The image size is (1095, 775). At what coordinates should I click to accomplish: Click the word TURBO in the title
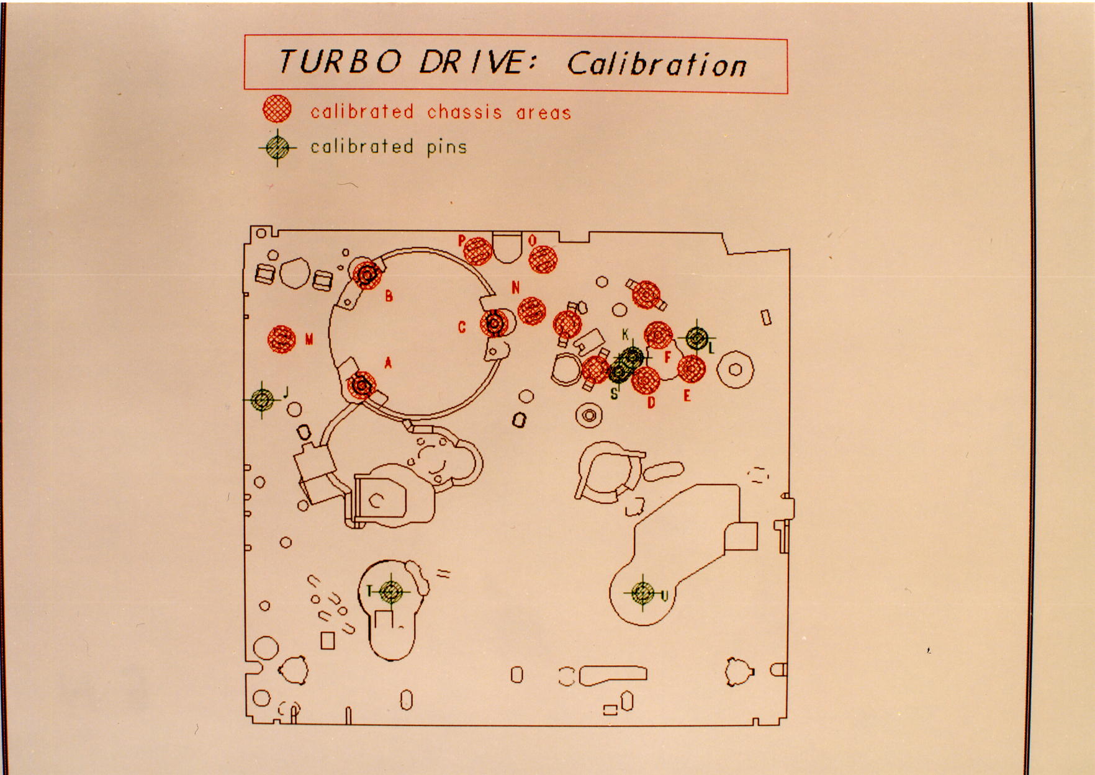(x=340, y=61)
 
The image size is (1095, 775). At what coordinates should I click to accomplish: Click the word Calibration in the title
(x=656, y=63)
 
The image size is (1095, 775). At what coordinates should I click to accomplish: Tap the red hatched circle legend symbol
(x=277, y=110)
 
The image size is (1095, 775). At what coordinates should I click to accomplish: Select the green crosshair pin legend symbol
(x=277, y=147)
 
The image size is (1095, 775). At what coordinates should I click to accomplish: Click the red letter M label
(x=309, y=339)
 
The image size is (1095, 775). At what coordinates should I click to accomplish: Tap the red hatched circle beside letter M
(x=282, y=339)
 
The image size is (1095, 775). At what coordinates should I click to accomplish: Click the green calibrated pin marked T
(x=390, y=591)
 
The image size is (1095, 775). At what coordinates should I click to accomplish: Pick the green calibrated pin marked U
(x=643, y=593)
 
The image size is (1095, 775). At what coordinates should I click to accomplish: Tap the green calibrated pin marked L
(x=697, y=338)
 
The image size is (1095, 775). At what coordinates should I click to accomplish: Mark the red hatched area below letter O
(x=543, y=259)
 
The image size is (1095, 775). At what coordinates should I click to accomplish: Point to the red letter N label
(x=515, y=287)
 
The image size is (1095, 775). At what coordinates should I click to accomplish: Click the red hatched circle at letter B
(x=367, y=274)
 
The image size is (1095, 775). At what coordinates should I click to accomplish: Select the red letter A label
(x=389, y=362)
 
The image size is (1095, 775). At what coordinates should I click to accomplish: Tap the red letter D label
(x=651, y=403)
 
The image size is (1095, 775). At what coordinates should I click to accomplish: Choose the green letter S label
(x=615, y=393)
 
